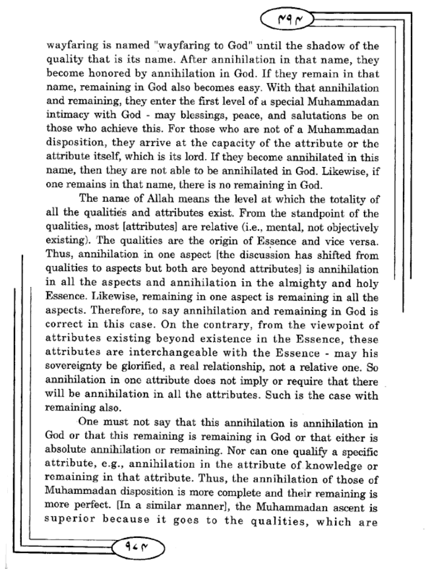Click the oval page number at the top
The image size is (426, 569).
pos(286,20)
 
